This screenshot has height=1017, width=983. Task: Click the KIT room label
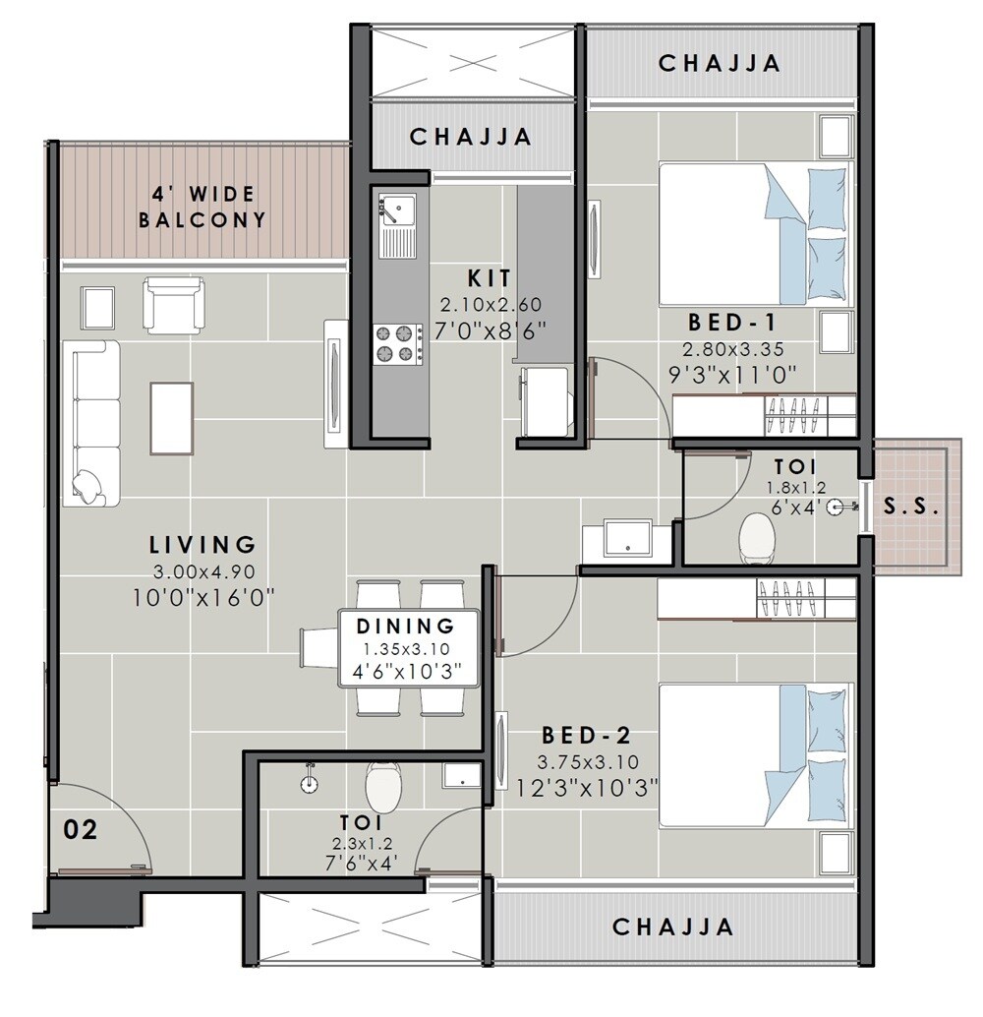490,278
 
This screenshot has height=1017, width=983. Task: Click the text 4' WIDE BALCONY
202,208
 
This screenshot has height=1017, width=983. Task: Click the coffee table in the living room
171,418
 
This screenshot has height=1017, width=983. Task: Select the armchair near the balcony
174,303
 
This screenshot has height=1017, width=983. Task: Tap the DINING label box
408,648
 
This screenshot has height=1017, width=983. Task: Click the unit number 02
81,830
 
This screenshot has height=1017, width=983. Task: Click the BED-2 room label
586,736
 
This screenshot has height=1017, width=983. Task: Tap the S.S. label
911,508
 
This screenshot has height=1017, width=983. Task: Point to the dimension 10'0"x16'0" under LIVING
202,595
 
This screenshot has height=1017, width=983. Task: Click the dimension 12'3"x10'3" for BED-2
587,787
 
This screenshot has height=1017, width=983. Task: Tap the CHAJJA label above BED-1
720,63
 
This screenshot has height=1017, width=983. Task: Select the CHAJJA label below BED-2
673,927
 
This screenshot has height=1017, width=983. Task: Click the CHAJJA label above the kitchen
471,137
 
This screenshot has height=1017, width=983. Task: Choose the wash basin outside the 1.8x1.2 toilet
621,539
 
